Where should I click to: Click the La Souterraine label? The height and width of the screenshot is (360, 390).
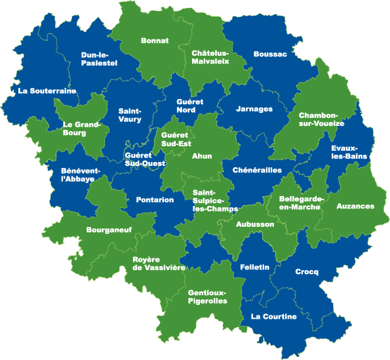click(47, 90)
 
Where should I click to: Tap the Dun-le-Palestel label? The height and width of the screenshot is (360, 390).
click(100, 58)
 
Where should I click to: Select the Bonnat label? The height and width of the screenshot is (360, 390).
click(155, 41)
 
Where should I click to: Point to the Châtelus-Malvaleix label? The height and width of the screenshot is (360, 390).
click(210, 57)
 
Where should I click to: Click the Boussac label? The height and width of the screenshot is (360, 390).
click(270, 54)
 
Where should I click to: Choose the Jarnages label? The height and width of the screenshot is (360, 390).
click(254, 108)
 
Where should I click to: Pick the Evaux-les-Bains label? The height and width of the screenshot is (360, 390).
click(349, 153)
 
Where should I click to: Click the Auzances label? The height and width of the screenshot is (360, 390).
click(355, 206)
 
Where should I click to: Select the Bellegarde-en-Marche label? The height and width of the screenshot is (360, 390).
click(300, 203)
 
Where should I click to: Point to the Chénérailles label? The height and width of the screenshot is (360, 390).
click(257, 170)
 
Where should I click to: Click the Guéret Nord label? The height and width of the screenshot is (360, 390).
click(191, 106)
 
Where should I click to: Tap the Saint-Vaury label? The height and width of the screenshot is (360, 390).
click(130, 115)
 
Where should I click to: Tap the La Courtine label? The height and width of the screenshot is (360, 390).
click(274, 317)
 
